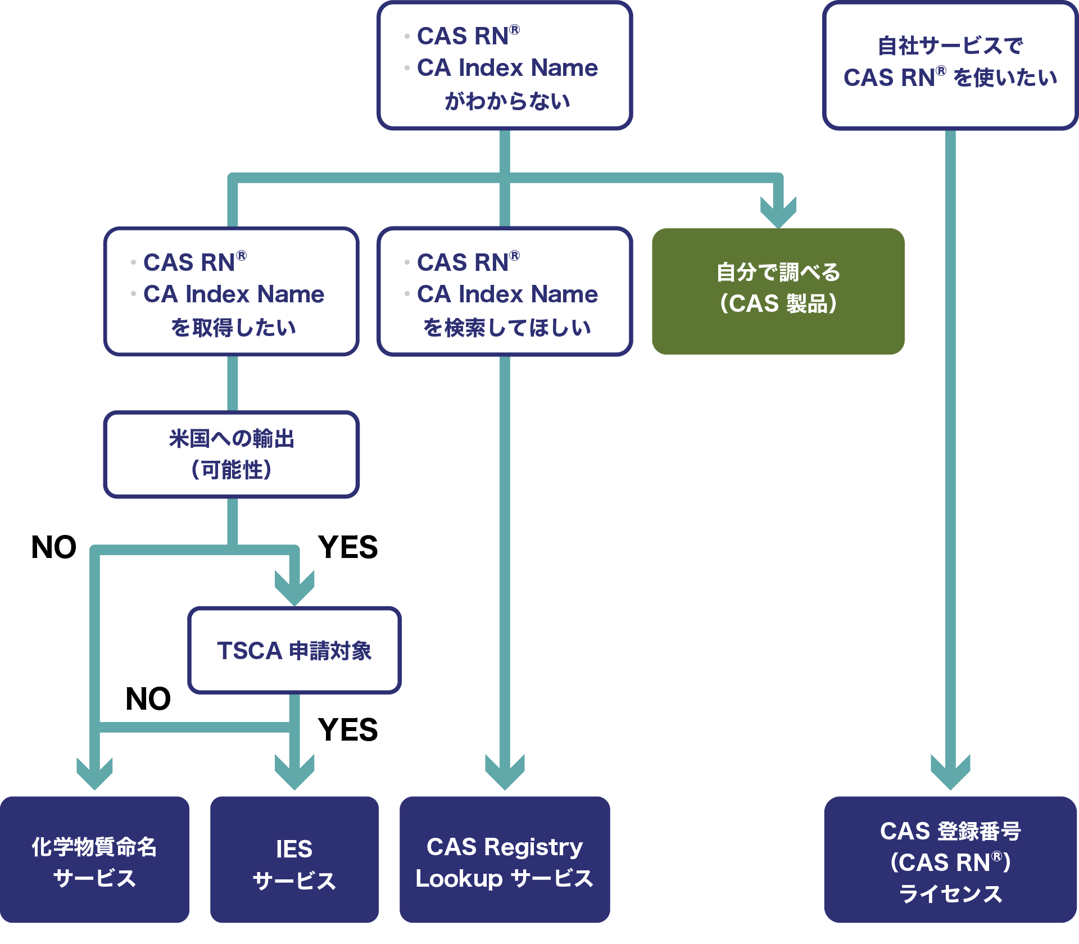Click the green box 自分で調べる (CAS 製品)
(x=778, y=291)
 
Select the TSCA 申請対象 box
(x=294, y=650)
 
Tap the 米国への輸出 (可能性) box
(x=232, y=454)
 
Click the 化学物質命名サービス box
(x=94, y=859)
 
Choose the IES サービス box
(x=294, y=859)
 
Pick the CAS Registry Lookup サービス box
(x=505, y=859)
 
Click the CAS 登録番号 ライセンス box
(x=950, y=859)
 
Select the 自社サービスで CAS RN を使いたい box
(x=950, y=65)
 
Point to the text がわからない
(x=507, y=102)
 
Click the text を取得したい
(x=233, y=328)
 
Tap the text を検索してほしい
(x=507, y=328)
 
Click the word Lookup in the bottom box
(x=459, y=879)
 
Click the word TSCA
(x=250, y=651)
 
